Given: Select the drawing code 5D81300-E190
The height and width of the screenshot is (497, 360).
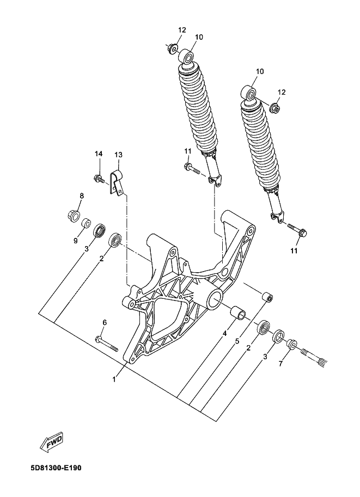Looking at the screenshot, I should point(53,467).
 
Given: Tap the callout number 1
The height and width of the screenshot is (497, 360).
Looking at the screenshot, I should point(114,379).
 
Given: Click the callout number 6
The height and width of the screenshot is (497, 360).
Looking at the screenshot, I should point(105,323).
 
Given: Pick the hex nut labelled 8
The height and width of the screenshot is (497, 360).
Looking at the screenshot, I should point(73,213).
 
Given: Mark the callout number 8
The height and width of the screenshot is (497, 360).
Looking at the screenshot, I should point(81,196).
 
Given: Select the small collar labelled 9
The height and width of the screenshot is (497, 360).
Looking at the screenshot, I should point(86,223).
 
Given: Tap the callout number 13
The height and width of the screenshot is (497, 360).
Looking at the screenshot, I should point(118,155).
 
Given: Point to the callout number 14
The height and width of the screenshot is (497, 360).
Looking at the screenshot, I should point(99,155).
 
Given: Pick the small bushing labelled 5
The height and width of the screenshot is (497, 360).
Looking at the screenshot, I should point(267,298).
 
